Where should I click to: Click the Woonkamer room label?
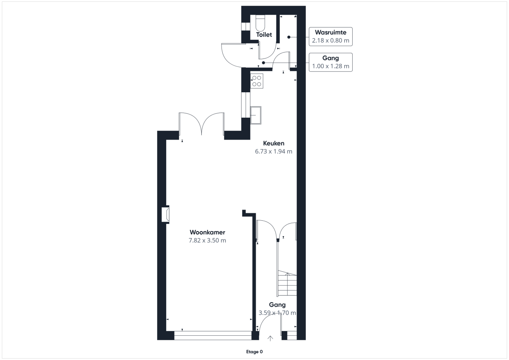point(207,232)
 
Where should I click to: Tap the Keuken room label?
point(274,143)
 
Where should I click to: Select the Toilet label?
point(264,35)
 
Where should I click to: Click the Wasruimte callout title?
point(330,32)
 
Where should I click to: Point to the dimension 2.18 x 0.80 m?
point(330,41)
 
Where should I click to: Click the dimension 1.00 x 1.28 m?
point(330,66)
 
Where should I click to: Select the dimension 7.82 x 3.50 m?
point(207,240)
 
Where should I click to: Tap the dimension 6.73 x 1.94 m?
point(274,152)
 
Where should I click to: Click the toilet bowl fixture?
point(260,23)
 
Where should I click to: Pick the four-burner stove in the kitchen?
point(257,81)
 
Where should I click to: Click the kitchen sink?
point(256,115)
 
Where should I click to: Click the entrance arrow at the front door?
point(270,339)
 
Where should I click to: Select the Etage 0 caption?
point(254,352)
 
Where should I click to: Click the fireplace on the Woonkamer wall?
point(165,214)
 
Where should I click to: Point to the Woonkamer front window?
point(213,335)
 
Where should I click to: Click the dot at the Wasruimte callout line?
point(289,37)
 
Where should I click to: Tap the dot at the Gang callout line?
point(263,63)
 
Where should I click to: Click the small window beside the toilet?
point(246,27)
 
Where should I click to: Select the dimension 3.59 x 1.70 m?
point(277,313)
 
